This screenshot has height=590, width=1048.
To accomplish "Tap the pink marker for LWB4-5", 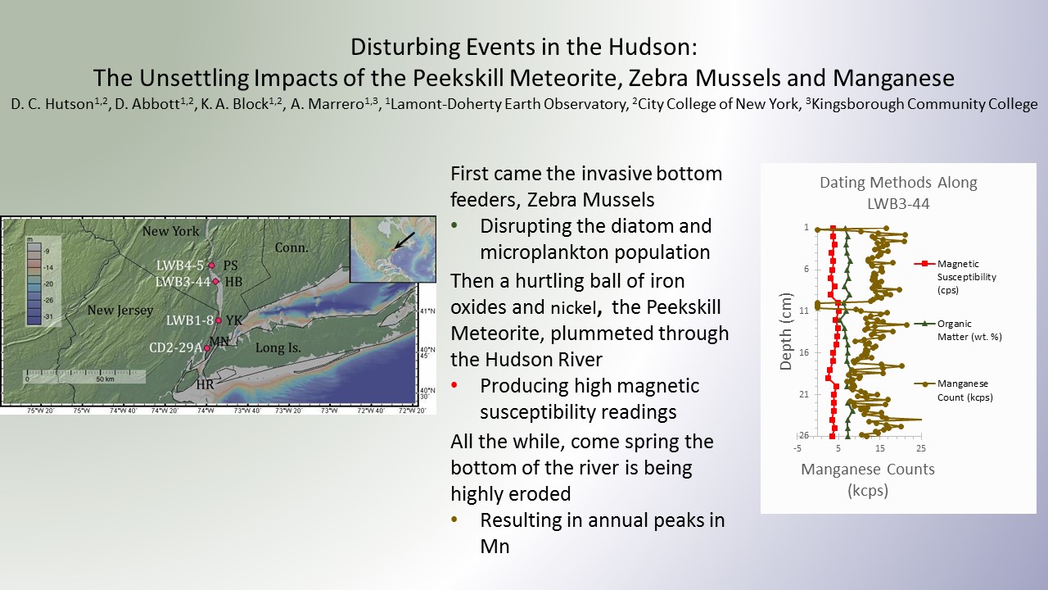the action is (x=211, y=265).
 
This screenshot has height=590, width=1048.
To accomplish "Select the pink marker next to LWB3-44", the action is (x=215, y=281).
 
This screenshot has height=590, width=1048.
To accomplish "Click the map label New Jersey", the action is (x=120, y=310).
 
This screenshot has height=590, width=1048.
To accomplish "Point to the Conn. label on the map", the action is (x=291, y=247).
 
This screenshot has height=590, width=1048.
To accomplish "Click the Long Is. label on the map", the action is (x=278, y=347).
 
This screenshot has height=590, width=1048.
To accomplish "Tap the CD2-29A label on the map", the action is (x=175, y=347).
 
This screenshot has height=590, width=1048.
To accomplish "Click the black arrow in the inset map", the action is (x=404, y=241).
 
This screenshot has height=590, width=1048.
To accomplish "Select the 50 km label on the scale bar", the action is (x=105, y=379).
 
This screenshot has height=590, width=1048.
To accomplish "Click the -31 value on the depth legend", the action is (x=47, y=316).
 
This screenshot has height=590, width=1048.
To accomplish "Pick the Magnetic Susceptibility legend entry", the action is (x=955, y=277).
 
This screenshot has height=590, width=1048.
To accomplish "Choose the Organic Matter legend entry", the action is (x=958, y=330).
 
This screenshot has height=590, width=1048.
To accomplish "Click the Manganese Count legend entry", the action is (x=954, y=390).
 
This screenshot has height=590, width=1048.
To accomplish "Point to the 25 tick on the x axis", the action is (x=921, y=448).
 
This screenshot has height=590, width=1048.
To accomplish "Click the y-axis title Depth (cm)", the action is (x=786, y=331).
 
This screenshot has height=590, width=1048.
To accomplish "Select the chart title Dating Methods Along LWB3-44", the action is (x=898, y=193).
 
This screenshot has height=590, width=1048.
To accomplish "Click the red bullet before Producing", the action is (x=454, y=385).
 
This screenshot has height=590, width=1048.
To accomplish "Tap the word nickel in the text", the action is (x=573, y=308).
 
